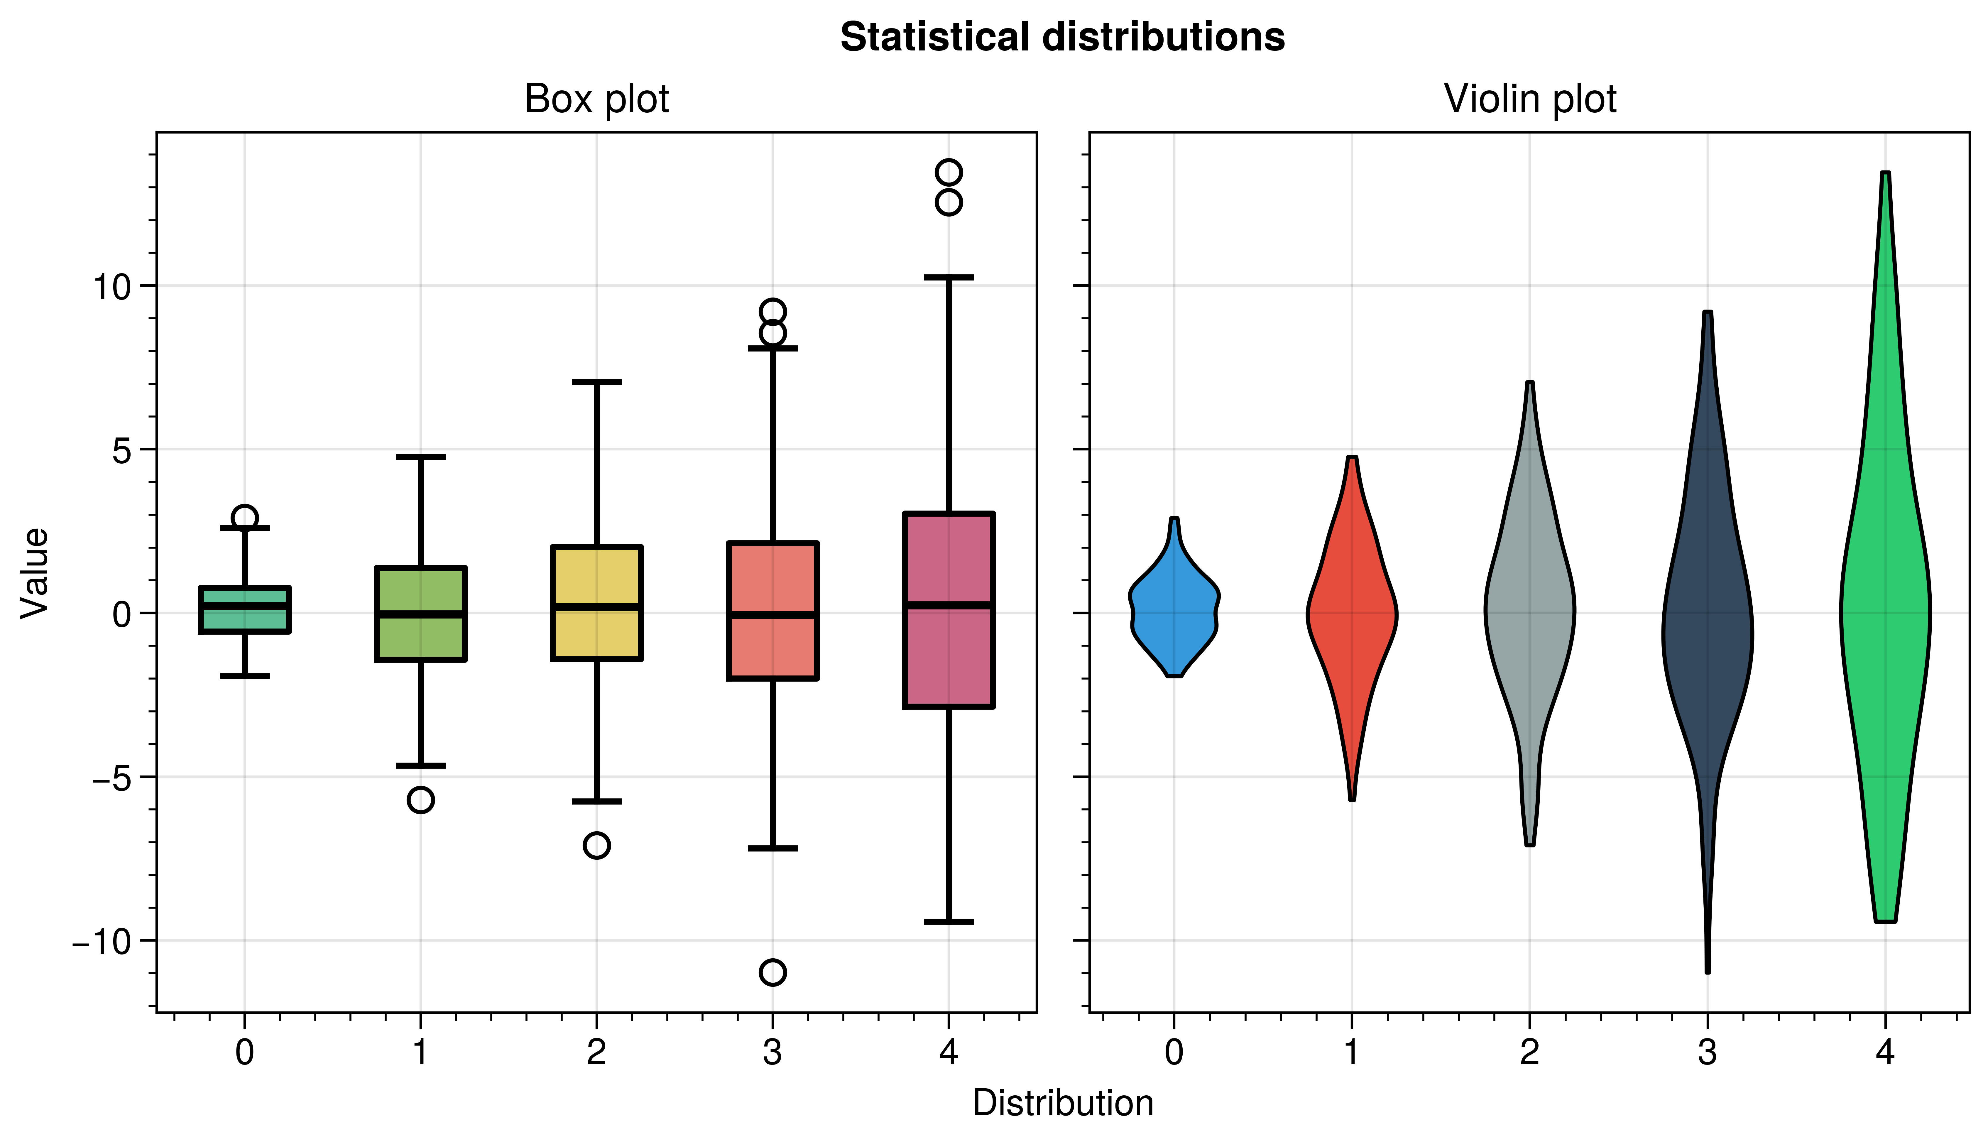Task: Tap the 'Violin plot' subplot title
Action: tap(1529, 99)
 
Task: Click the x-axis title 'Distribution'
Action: tap(1063, 1104)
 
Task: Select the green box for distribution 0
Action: tap(245, 620)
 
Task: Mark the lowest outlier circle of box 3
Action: tap(772, 973)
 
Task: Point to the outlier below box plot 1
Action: tap(421, 800)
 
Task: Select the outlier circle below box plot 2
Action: tap(597, 846)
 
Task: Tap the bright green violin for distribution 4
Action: tap(1884, 612)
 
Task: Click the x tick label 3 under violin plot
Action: tap(1707, 1053)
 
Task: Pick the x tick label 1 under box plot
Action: tap(421, 1053)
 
